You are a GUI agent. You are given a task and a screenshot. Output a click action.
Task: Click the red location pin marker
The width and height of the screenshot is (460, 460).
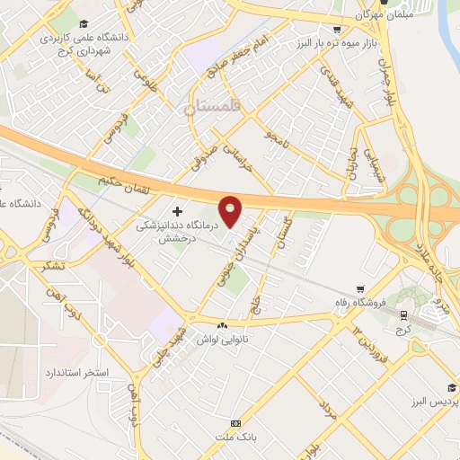click(x=232, y=211)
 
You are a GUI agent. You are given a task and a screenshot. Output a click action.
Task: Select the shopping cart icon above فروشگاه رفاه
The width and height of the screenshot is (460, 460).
click(x=360, y=289)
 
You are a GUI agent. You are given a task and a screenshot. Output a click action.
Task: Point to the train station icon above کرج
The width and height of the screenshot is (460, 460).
click(x=403, y=314)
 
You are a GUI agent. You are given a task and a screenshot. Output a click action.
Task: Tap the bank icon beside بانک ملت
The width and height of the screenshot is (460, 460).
click(x=236, y=423)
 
